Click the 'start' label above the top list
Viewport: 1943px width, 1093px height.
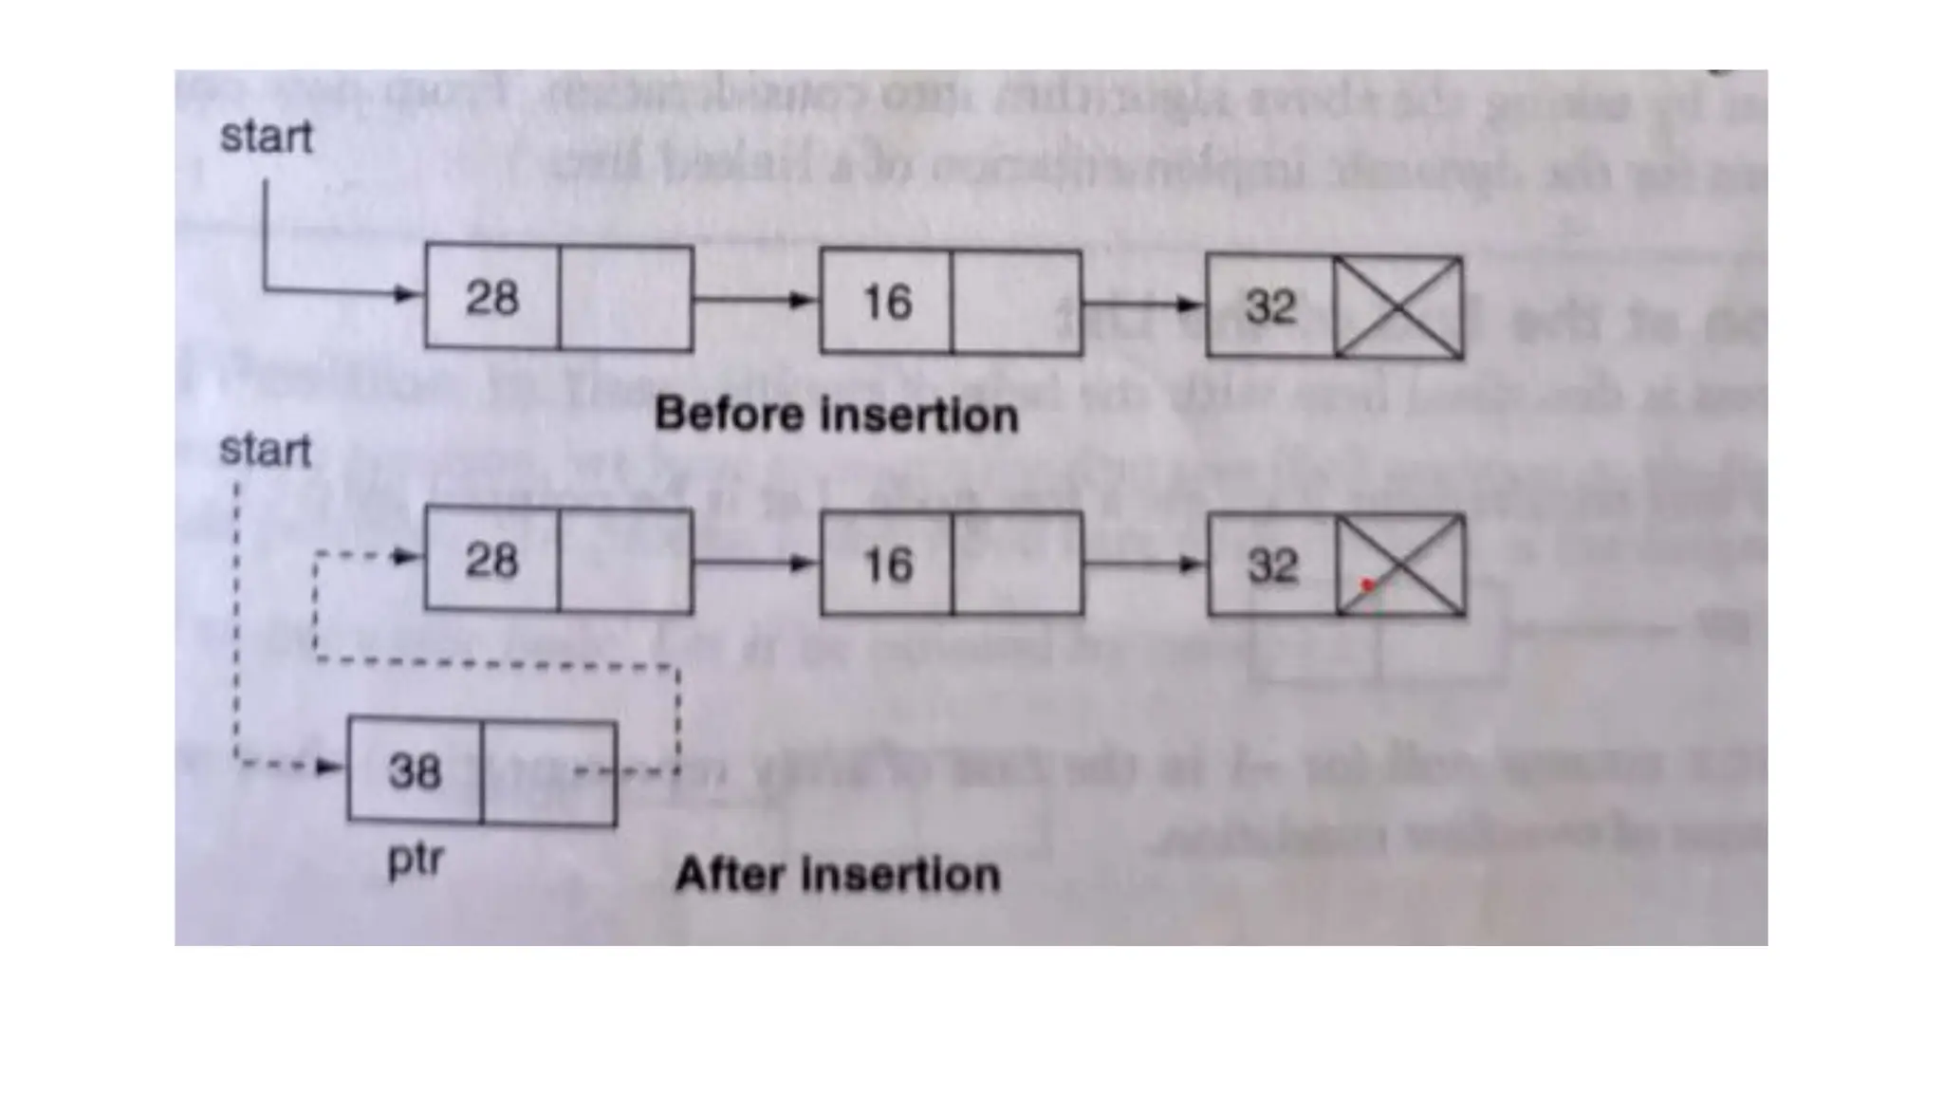(266, 138)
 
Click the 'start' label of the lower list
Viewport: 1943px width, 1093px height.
(265, 451)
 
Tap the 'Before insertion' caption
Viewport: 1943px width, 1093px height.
(836, 416)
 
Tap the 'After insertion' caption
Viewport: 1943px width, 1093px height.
(838, 875)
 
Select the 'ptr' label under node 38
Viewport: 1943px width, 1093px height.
(416, 860)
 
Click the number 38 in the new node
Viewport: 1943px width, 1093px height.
(415, 771)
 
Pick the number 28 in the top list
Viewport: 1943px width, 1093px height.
(491, 298)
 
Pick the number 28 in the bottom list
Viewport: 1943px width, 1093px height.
(491, 560)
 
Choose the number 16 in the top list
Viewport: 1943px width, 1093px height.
(887, 303)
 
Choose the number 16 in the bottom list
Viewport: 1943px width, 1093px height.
(888, 565)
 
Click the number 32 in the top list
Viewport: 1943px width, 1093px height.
(1270, 306)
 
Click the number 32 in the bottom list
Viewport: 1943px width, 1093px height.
(1272, 566)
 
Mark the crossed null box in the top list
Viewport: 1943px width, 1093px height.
(1398, 307)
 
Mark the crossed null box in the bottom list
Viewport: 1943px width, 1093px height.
(1400, 566)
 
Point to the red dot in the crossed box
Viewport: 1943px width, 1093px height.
(1367, 585)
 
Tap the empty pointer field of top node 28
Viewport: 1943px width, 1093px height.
(626, 298)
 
